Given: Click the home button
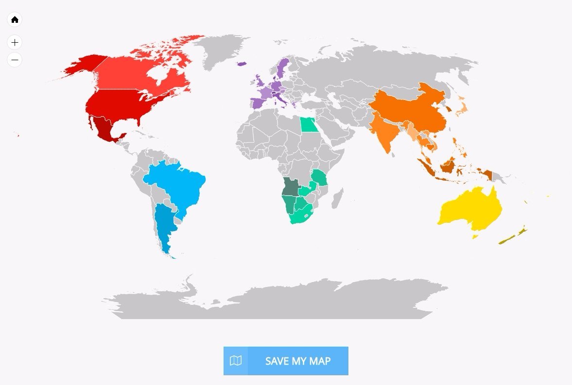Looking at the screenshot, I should [x=15, y=20].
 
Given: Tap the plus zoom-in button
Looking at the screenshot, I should [x=15, y=43].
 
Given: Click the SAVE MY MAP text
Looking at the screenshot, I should [x=297, y=361].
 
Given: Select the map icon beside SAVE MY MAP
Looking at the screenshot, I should [x=236, y=361].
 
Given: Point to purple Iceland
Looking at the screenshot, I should [x=242, y=63].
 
